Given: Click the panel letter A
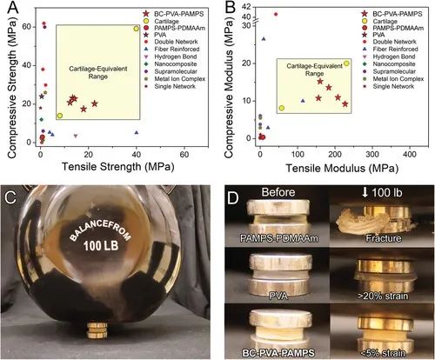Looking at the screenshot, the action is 12,8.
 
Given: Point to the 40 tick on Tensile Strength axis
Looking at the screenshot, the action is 137,155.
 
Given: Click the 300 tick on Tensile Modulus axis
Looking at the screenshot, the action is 372,154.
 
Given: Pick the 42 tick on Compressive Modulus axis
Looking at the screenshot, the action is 247,6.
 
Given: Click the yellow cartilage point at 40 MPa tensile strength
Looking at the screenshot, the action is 137,29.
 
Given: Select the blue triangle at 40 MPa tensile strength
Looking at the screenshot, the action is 137,133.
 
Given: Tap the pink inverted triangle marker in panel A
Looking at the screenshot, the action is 76,136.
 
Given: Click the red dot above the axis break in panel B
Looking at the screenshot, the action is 276,14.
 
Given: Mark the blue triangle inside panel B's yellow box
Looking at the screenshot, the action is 303,101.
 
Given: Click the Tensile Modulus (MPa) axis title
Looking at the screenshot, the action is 342,168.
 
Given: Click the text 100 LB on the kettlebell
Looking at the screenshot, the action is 101,246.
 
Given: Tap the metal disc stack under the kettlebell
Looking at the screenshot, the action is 97,330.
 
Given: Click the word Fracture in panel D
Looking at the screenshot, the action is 383,238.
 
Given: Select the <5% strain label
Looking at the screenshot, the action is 383,353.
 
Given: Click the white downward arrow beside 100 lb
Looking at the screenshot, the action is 365,192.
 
